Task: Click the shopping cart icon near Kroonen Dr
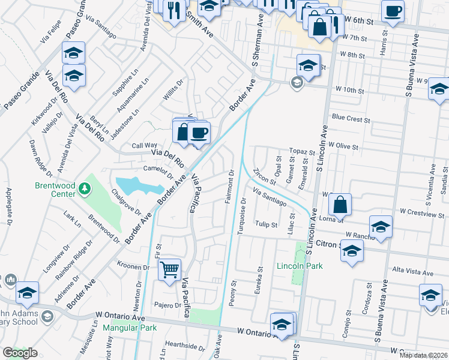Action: [x=170, y=270]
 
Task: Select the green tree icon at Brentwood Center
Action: [x=85, y=190]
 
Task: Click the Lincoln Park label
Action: [x=300, y=266]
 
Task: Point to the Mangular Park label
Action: [x=129, y=328]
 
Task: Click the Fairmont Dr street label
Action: [x=229, y=187]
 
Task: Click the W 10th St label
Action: [x=349, y=91]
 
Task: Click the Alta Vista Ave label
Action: [x=411, y=271]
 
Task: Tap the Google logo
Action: [x=20, y=353]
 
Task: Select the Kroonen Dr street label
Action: [x=133, y=266]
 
